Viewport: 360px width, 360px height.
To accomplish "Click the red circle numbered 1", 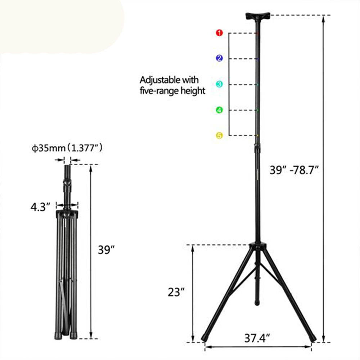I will coord(219,33).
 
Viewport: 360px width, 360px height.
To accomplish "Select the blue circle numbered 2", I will coord(219,58).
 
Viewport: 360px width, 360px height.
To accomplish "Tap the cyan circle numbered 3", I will coord(219,84).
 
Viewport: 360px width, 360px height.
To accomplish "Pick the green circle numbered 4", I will coord(219,110).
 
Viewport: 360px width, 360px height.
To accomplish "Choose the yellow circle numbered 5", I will coord(219,135).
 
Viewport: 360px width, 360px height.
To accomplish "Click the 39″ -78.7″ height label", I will coord(294,170).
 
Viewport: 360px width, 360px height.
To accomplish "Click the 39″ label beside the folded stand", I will coord(107,250).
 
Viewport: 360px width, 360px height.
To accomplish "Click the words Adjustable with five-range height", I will coord(172,85).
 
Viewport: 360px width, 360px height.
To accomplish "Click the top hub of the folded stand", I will coord(67,215).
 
